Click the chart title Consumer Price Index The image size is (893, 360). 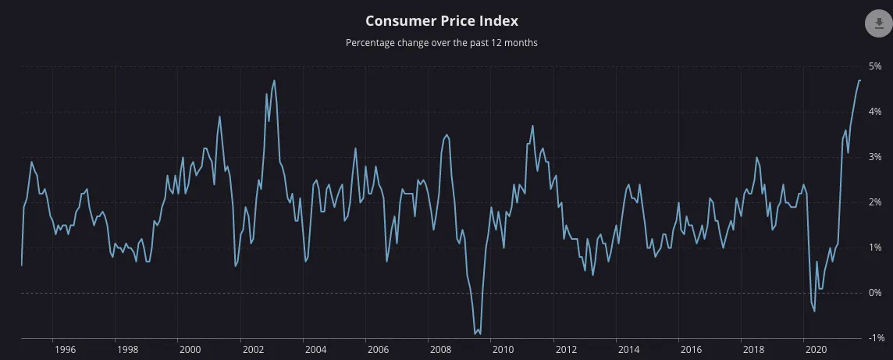[441, 21]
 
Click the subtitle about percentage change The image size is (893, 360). [441, 43]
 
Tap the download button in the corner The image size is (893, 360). [878, 23]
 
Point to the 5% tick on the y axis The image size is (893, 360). [875, 66]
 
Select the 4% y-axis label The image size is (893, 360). [875, 112]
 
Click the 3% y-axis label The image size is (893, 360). [875, 157]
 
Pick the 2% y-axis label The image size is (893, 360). [875, 202]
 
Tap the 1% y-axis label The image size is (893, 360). [875, 248]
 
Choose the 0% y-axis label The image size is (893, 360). [875, 293]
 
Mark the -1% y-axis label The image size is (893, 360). [874, 338]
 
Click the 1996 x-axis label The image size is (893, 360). [65, 350]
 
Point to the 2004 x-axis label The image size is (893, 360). [315, 350]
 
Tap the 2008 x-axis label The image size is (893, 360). [440, 350]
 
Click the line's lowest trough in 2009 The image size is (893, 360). [475, 334]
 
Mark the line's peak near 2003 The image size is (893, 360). [274, 80]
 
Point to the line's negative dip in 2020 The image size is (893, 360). [814, 311]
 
